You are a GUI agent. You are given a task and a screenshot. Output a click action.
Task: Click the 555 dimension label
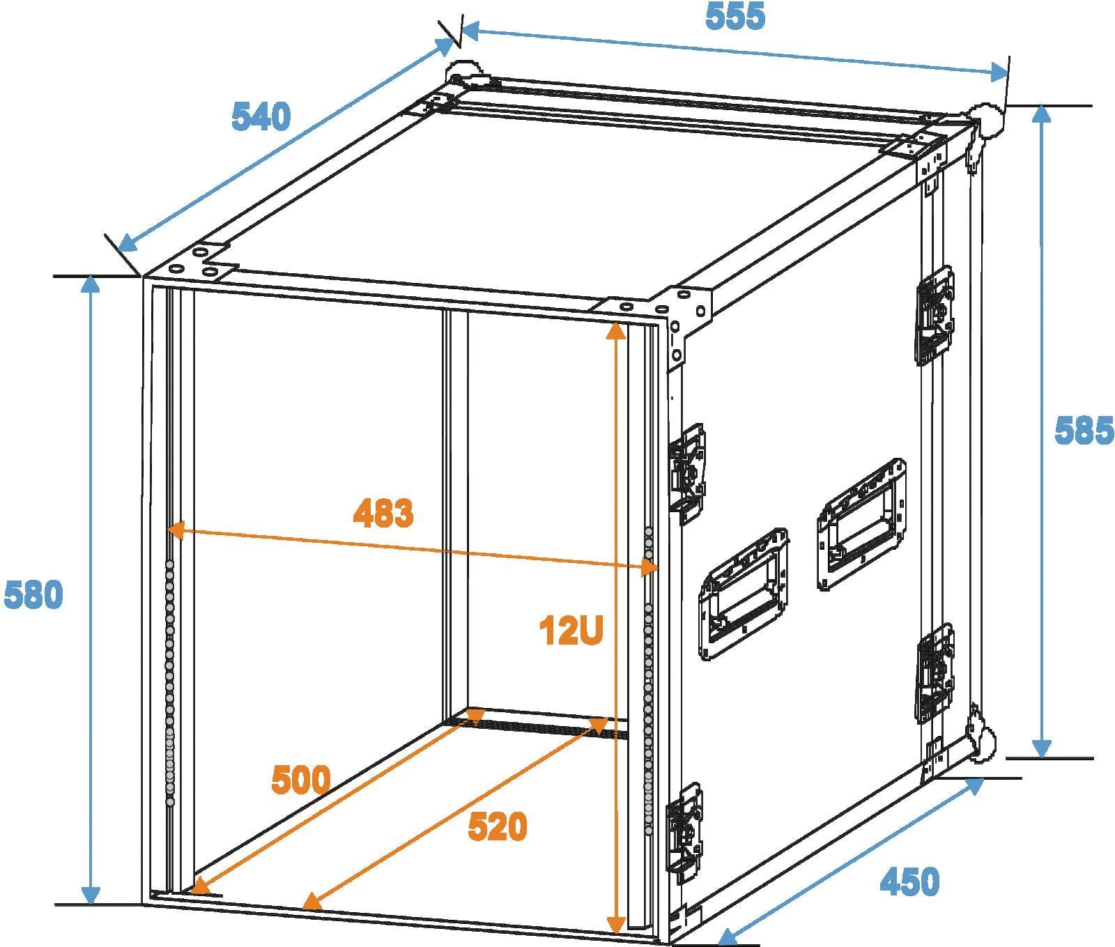pyautogui.click(x=735, y=16)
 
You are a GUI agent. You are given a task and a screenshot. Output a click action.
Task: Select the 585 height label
pyautogui.click(x=1084, y=431)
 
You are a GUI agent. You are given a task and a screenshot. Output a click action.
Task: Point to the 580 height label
pyautogui.click(x=33, y=595)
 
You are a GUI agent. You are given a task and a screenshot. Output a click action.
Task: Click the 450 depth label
pyautogui.click(x=909, y=881)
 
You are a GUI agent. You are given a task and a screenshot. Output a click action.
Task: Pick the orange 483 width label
pyautogui.click(x=383, y=514)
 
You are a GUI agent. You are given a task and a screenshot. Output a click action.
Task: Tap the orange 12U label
pyautogui.click(x=571, y=631)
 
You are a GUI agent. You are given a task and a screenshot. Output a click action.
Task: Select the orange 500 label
pyautogui.click(x=301, y=780)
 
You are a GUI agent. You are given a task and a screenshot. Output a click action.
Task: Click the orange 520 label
pyautogui.click(x=498, y=827)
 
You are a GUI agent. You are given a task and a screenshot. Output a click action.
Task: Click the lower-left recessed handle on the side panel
pyautogui.click(x=745, y=594)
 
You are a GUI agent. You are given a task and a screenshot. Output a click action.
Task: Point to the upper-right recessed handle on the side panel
pyautogui.click(x=862, y=525)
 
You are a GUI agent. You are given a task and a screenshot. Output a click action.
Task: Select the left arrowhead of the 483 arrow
pyautogui.click(x=176, y=531)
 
